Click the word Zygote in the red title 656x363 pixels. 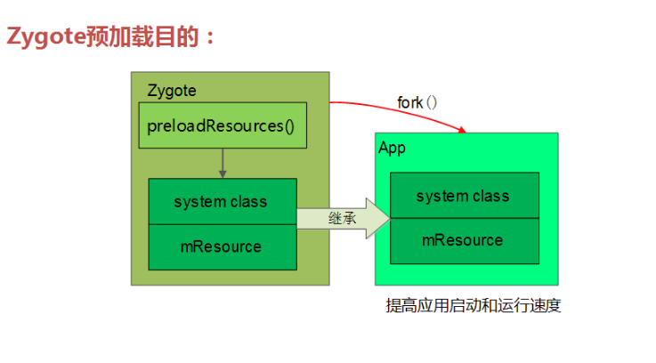(x=45, y=36)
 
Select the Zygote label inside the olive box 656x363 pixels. (x=171, y=91)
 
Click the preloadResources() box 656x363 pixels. (x=222, y=125)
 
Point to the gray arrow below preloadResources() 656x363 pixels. (x=222, y=163)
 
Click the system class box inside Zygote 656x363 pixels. (x=222, y=202)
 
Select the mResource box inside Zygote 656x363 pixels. (x=222, y=246)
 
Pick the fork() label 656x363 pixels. (x=417, y=102)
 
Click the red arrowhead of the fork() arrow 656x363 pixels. (x=461, y=130)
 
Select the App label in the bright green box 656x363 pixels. (x=393, y=148)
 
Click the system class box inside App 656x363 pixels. (x=464, y=196)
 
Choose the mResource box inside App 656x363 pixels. (x=464, y=240)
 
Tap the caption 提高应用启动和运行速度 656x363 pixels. (x=473, y=306)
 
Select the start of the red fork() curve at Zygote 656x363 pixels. (x=332, y=102)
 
